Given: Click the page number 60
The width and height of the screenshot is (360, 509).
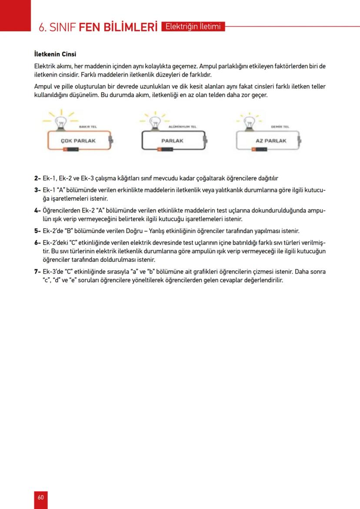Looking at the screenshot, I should point(40,497).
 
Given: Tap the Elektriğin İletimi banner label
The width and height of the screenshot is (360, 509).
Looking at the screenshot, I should point(193,27).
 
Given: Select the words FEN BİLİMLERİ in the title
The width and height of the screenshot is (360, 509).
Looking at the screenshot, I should point(118,27).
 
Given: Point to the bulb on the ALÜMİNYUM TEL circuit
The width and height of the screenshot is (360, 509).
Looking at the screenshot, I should point(154,122).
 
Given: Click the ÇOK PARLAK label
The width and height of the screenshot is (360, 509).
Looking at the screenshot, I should point(78,141).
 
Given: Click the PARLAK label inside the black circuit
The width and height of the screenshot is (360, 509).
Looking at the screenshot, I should point(172,141).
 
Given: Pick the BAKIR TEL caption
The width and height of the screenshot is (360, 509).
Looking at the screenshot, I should point(87,127).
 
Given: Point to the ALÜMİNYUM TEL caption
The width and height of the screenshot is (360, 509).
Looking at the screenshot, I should point(182,127).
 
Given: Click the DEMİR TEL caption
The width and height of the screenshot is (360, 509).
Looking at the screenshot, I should point(277,127).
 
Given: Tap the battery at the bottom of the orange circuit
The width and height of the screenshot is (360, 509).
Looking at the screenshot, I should point(71,149).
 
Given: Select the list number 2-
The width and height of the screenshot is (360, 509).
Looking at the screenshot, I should point(37,178).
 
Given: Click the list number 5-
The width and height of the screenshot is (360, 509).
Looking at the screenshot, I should point(37,231).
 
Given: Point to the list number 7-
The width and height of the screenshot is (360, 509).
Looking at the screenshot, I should point(37,272).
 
